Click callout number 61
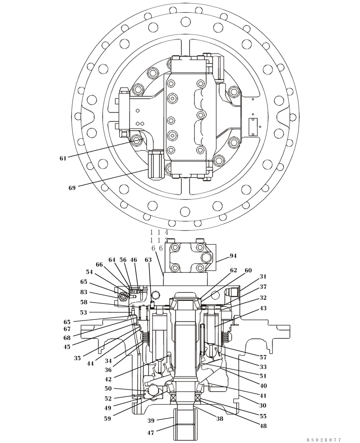(63, 158)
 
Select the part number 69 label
(72, 188)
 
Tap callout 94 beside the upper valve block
(233, 256)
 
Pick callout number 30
(263, 405)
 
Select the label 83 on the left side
(84, 292)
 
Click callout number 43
(263, 308)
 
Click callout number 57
(263, 357)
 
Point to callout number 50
(108, 389)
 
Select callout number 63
(148, 260)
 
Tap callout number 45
(67, 347)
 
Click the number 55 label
(263, 416)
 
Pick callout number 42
(108, 379)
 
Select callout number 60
(248, 270)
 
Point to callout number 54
(89, 272)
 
